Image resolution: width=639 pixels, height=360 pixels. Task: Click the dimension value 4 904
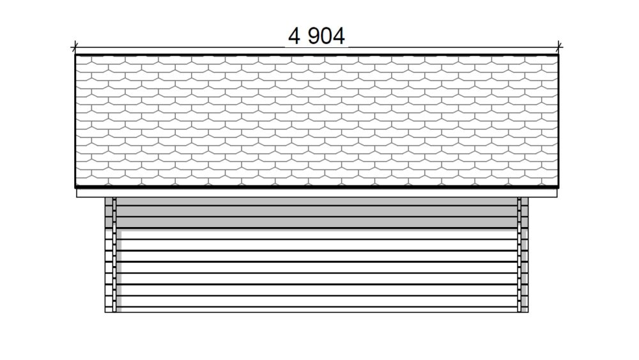pos(317,36)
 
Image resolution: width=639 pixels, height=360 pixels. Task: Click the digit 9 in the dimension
pos(314,36)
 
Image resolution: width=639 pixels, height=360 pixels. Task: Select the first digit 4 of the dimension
pos(294,36)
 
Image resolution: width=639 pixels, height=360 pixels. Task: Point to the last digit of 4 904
pos(339,36)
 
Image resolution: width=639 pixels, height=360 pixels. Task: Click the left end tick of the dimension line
pos(75,47)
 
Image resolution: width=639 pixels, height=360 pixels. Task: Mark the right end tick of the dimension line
pos(558,47)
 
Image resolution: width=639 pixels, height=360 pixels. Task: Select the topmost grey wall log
pos(317,201)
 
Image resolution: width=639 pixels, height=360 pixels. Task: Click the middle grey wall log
pos(317,211)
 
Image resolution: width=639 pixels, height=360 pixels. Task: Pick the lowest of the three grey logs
pos(317,222)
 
